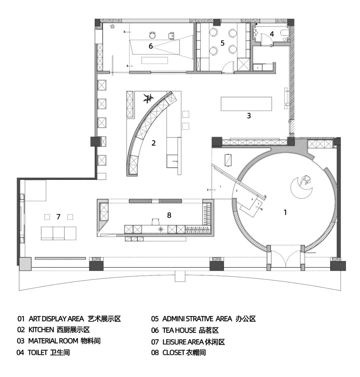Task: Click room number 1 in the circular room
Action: [285, 212]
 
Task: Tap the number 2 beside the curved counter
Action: [154, 143]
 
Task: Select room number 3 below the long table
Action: [249, 116]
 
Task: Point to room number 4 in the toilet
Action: [272, 34]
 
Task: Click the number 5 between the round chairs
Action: [222, 43]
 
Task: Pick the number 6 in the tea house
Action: [151, 46]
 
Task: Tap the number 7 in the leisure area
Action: [58, 217]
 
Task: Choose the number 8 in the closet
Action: [169, 215]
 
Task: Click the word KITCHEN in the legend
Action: [41, 330]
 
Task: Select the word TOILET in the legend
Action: [38, 352]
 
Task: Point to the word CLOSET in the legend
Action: [174, 352]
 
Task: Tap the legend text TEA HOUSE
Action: [179, 330]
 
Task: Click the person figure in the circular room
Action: [305, 180]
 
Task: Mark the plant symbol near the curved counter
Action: [148, 98]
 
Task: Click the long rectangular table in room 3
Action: [246, 104]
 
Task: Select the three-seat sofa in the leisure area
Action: [59, 233]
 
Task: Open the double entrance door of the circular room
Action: [285, 256]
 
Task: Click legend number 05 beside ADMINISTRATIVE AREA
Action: [155, 319]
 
